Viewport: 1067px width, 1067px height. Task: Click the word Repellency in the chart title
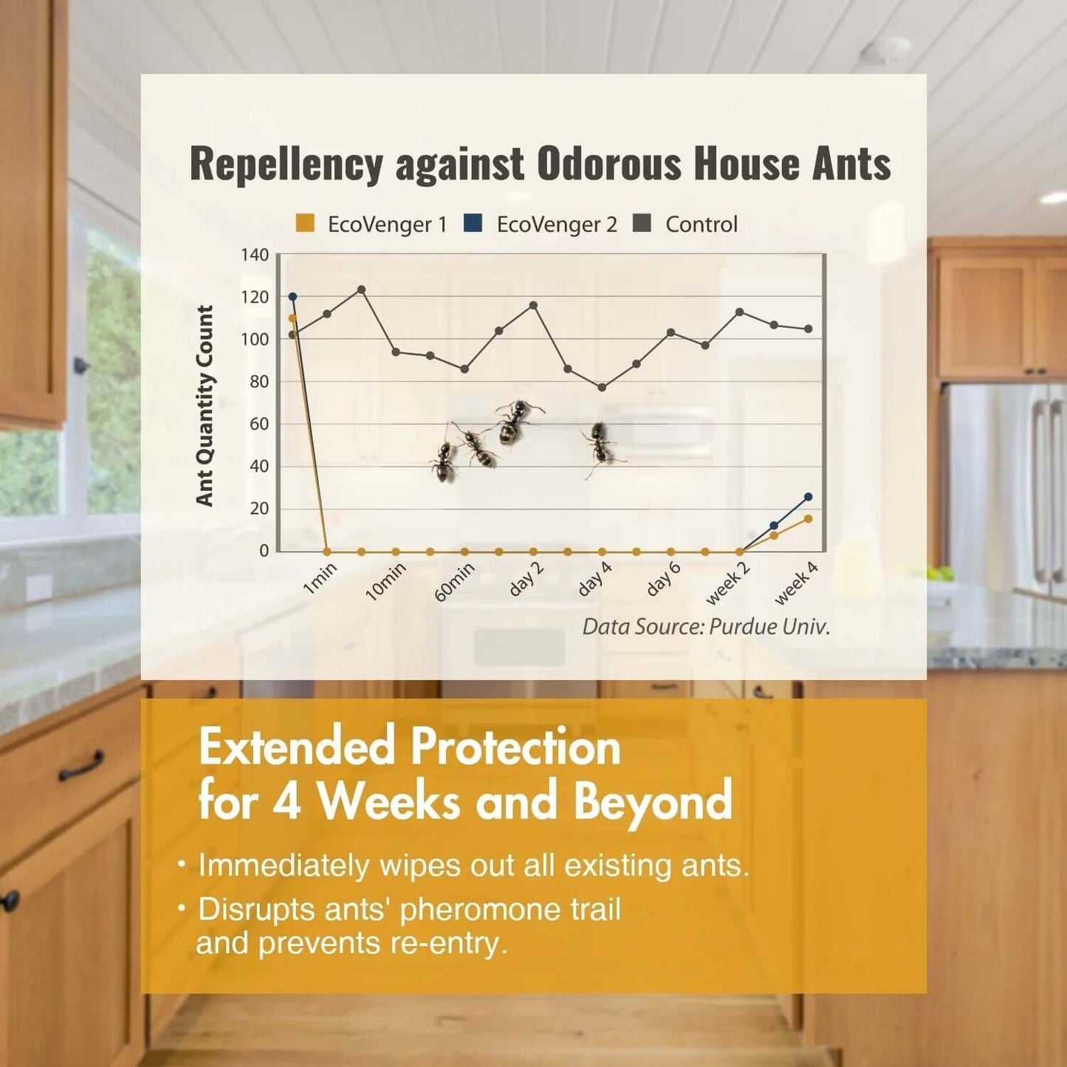(287, 165)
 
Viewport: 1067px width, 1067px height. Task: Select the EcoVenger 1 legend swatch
(305, 223)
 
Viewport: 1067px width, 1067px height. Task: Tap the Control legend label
(701, 224)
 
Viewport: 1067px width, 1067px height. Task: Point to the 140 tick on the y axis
(254, 255)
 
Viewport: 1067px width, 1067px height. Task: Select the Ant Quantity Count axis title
(205, 406)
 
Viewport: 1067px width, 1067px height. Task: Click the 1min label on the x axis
(320, 580)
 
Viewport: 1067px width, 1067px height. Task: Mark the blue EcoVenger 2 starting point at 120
(292, 297)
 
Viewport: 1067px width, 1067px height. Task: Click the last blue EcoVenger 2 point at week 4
(809, 497)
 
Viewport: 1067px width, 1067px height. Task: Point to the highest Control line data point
(362, 289)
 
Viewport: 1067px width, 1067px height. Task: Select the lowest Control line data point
(602, 387)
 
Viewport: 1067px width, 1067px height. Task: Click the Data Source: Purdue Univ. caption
(706, 628)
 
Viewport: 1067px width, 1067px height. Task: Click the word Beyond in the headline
(653, 803)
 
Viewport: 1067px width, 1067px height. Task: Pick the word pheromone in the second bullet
(479, 909)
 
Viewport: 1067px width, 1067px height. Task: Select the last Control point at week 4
(809, 329)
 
